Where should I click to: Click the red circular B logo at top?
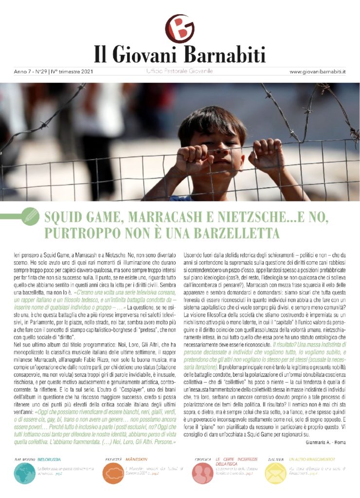180,28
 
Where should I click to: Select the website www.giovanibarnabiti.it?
317,71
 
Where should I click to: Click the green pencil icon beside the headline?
31,216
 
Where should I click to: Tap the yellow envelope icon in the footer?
276,473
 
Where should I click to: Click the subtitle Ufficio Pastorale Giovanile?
180,71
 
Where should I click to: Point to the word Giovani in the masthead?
147,54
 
